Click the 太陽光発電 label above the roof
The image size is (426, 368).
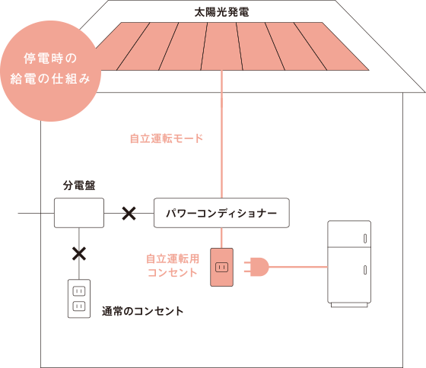click(x=221, y=12)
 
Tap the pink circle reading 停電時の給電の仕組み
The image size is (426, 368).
click(x=50, y=71)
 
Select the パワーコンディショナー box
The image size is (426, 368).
click(x=221, y=213)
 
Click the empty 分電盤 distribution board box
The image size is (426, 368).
click(x=79, y=213)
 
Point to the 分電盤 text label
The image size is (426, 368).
click(x=79, y=186)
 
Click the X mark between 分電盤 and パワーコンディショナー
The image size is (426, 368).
click(x=129, y=213)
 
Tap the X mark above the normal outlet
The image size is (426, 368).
click(x=79, y=254)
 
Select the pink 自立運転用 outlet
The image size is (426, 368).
click(x=221, y=267)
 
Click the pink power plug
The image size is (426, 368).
click(x=256, y=267)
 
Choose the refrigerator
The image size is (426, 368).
click(x=349, y=264)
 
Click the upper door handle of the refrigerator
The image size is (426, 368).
click(x=365, y=239)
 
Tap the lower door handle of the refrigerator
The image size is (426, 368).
click(x=365, y=270)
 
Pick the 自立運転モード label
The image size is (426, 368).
click(x=167, y=138)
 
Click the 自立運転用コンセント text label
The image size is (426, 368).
click(x=173, y=265)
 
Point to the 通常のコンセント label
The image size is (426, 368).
click(x=143, y=311)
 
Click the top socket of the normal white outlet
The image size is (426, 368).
click(x=79, y=291)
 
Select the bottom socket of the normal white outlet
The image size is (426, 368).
click(x=79, y=306)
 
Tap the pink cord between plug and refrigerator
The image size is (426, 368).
click(x=298, y=267)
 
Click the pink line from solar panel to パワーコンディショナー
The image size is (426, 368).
click(x=221, y=134)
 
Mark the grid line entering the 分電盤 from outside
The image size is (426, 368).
click(x=37, y=213)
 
